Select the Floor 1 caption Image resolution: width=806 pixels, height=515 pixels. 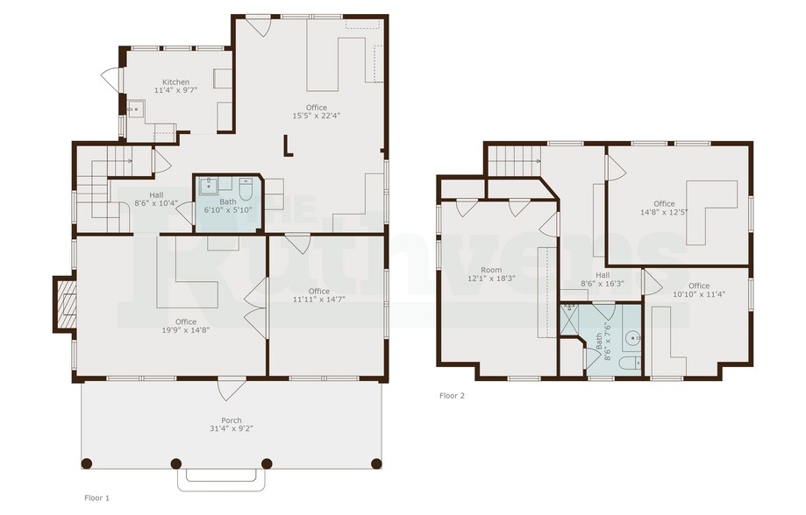click(x=96, y=497)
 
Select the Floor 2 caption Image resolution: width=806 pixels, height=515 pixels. click(x=452, y=396)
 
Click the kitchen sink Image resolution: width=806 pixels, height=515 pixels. click(x=135, y=109)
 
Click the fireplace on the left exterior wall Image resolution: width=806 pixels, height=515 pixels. click(x=64, y=304)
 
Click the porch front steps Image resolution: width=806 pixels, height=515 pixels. click(x=221, y=478)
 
